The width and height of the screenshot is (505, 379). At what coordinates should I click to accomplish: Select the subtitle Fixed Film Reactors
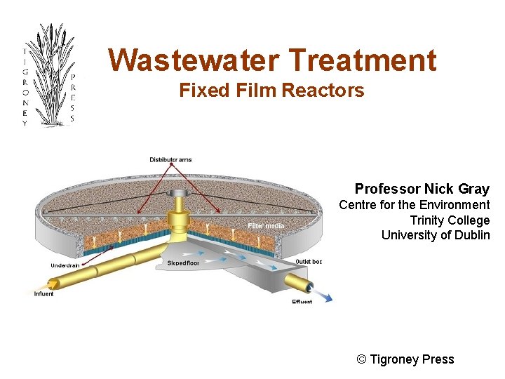[271, 91]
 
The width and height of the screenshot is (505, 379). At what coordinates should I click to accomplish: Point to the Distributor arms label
[170, 160]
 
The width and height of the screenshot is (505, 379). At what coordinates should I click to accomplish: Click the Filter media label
[266, 226]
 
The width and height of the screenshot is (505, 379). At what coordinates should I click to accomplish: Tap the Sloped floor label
[183, 262]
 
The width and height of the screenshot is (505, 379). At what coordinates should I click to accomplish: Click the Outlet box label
[309, 262]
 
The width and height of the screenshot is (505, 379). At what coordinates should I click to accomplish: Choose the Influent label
[43, 294]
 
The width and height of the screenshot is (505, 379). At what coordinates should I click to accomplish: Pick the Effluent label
[302, 302]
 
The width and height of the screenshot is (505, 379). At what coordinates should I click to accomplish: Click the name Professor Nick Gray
[422, 189]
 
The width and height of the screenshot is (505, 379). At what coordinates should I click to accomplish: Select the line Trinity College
[450, 220]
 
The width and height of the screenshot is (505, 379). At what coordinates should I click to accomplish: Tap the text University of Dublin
[435, 235]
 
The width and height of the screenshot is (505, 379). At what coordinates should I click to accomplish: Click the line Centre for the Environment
[414, 205]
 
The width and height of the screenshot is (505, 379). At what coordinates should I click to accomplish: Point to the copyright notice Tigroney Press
[405, 359]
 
